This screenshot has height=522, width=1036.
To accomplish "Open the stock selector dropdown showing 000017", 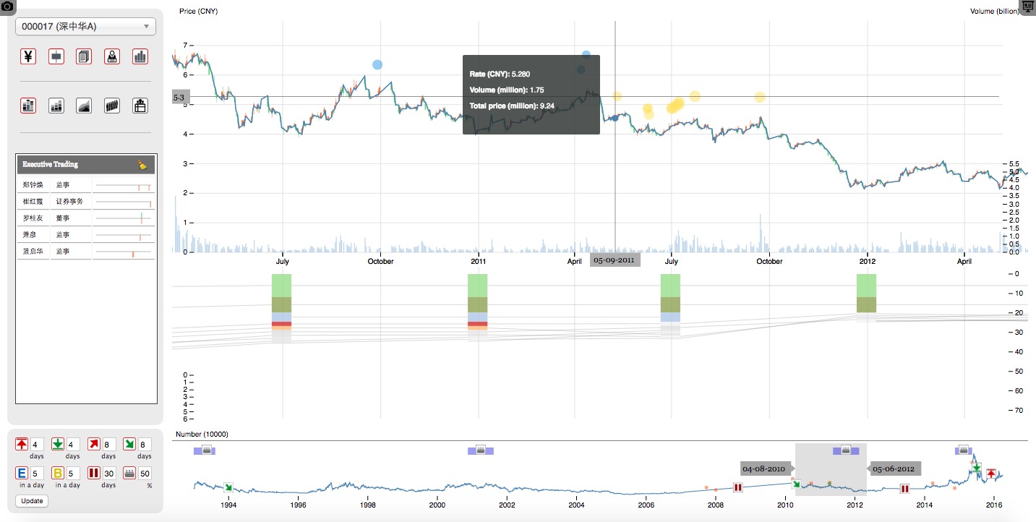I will (x=85, y=27).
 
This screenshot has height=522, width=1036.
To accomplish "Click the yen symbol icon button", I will (x=28, y=56).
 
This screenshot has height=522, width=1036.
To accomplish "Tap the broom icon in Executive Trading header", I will (x=142, y=165).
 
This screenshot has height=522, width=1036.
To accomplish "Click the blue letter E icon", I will (x=22, y=474).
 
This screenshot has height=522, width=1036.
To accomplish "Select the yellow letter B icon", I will (x=58, y=474).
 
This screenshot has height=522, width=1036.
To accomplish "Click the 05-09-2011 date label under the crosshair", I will (x=615, y=260).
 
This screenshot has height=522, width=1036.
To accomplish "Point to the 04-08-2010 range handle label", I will (x=764, y=468).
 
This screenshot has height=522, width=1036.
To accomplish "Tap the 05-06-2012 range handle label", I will (x=894, y=468).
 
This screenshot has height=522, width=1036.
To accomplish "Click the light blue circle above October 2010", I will (x=377, y=65).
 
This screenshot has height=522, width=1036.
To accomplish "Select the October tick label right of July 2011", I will (x=769, y=261).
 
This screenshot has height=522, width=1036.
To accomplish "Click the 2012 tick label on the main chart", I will (x=867, y=261).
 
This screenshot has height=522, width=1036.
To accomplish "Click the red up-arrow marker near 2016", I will (x=991, y=474).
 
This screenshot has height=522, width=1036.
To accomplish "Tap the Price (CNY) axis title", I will (x=198, y=12).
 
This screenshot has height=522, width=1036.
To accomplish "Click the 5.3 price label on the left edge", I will (x=179, y=97).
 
